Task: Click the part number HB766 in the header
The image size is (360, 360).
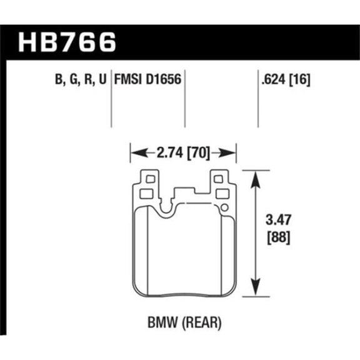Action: (69, 42)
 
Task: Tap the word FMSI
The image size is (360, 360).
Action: (126, 79)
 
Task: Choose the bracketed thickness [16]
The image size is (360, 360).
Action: (299, 79)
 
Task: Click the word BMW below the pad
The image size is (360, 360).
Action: (159, 324)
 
